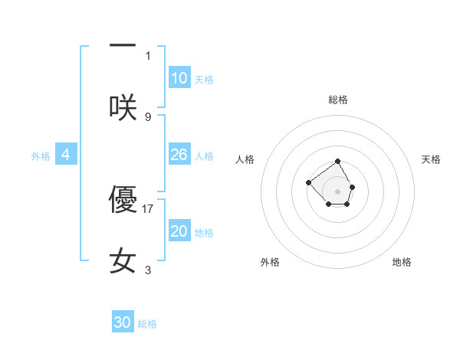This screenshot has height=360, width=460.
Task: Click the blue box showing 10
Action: point(179,78)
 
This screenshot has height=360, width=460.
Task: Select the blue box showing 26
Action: point(179,155)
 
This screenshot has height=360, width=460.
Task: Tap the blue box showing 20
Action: point(179,231)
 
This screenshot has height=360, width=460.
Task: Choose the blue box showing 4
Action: point(66,155)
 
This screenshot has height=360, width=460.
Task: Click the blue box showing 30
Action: point(123,322)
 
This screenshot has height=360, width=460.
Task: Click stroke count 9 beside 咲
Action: point(148,116)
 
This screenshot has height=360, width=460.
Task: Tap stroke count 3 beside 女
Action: point(148,270)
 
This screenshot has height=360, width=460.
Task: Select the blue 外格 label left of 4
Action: point(41,156)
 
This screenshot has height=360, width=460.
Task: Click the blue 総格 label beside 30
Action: point(147,324)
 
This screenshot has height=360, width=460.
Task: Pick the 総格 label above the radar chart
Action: point(338,100)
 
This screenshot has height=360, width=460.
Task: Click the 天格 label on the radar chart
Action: point(431,159)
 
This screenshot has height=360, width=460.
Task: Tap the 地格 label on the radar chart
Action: point(402,262)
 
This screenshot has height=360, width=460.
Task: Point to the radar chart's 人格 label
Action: point(245,159)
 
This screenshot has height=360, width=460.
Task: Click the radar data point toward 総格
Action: point(338,162)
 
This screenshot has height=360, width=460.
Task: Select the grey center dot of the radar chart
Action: point(338,191)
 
